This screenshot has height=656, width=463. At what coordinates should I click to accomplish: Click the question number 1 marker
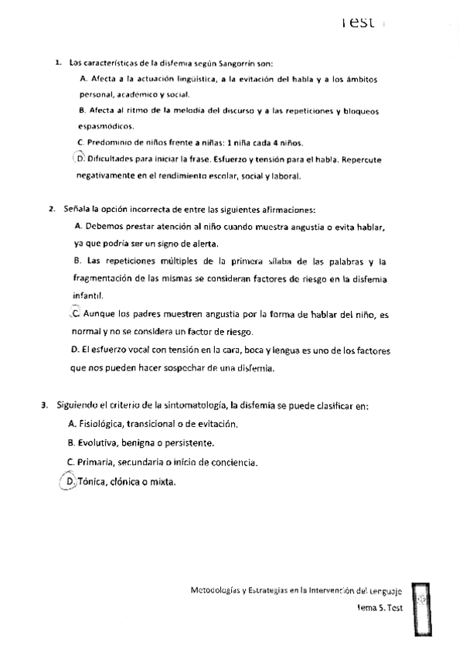[58, 63]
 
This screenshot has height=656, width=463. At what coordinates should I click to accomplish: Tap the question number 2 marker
[51, 209]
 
